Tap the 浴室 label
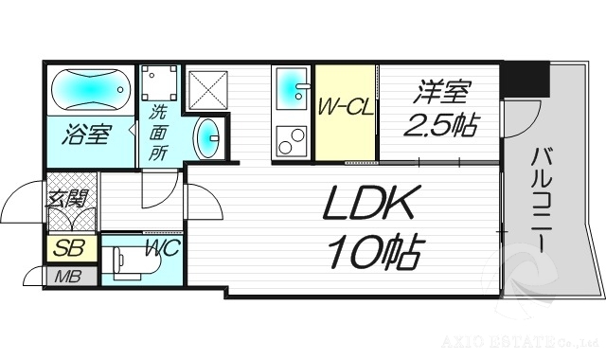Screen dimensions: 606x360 pyautogui.click(x=86, y=135)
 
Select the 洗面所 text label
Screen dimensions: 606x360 pyautogui.click(x=157, y=133)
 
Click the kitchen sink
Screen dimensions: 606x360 pyautogui.click(x=290, y=91)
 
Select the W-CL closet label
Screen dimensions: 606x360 pyautogui.click(x=347, y=105)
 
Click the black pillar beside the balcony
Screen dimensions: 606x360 pyautogui.click(x=526, y=79)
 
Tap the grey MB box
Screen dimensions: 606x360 pyautogui.click(x=67, y=277)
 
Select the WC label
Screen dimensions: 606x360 pyautogui.click(x=163, y=250)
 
